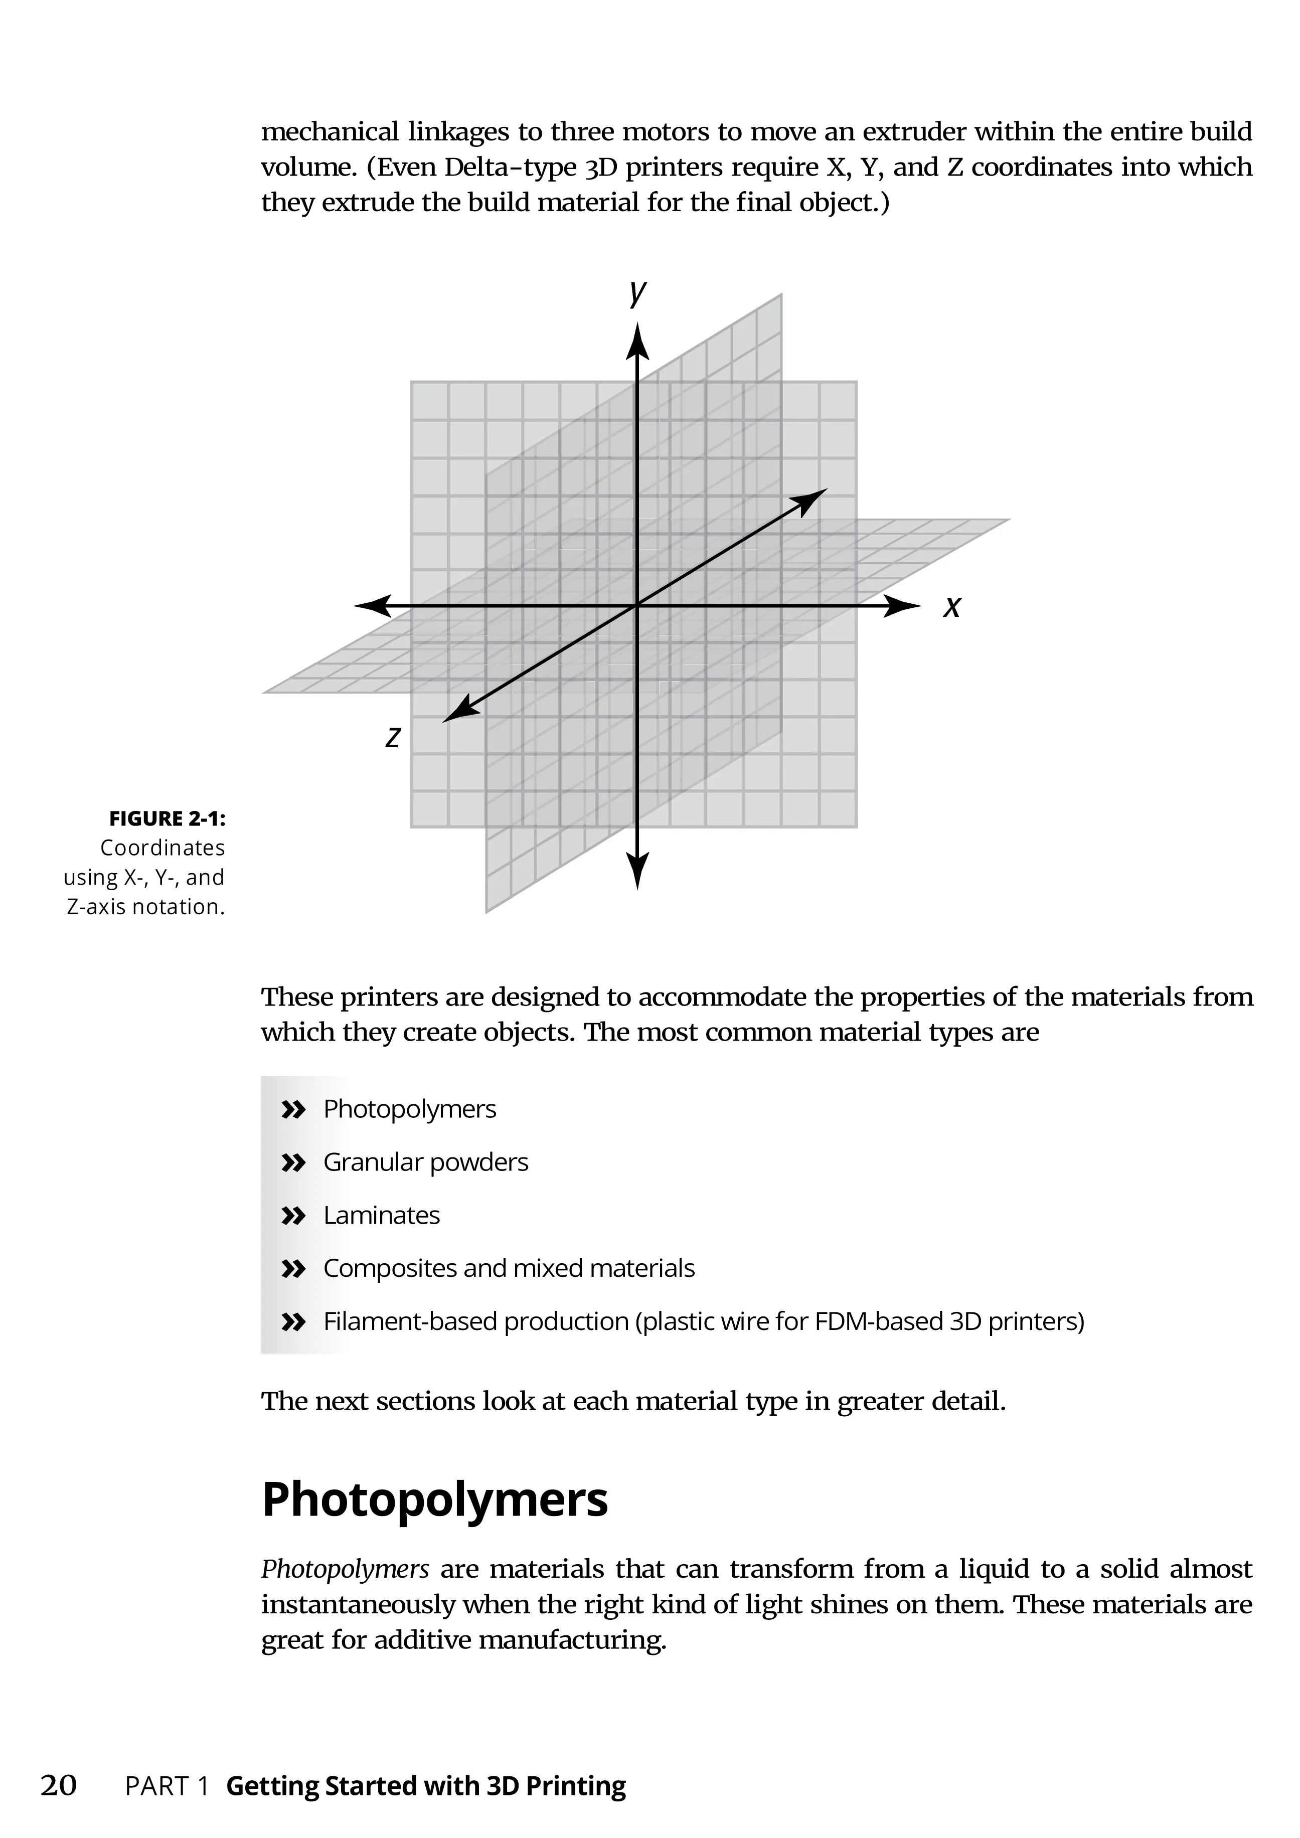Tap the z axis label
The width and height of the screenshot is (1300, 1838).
(x=392, y=737)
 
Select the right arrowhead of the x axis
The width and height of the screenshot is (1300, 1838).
(x=903, y=606)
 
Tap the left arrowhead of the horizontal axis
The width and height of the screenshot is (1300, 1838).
(x=372, y=606)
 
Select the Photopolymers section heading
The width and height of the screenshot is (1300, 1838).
(x=435, y=1499)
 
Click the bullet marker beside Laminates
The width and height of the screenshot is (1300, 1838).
(x=294, y=1216)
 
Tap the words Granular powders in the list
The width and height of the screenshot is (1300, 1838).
(x=425, y=1162)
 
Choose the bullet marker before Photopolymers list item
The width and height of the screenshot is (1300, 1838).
(x=294, y=1109)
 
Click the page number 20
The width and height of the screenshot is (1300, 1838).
(x=59, y=1785)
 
